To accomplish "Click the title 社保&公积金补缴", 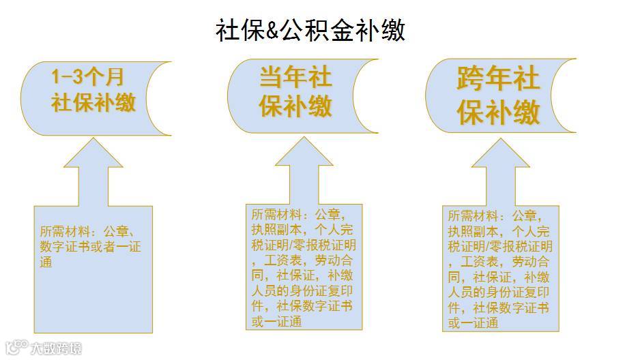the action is pyautogui.click(x=310, y=30).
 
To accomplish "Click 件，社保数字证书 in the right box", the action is pyautogui.click(x=499, y=307).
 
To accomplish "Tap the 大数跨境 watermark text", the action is pyautogui.click(x=55, y=348).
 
